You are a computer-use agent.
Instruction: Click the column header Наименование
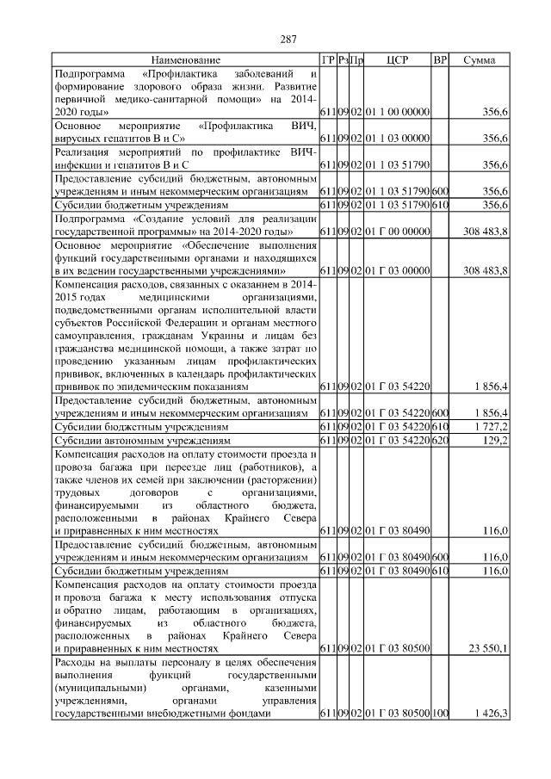(x=186, y=60)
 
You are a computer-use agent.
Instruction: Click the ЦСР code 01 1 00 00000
(x=397, y=112)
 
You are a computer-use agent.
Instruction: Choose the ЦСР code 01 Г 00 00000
(x=397, y=232)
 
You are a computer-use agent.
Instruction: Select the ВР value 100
(x=441, y=714)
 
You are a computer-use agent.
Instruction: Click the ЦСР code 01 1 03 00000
(x=397, y=138)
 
